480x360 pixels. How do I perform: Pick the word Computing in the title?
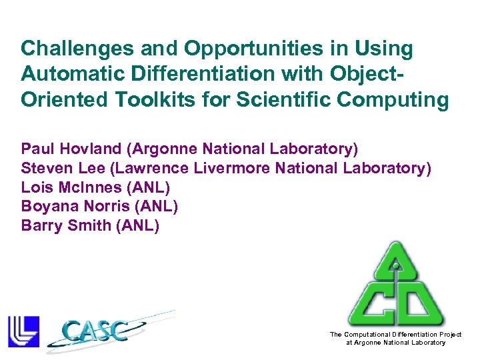397,100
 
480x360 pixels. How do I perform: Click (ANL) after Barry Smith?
138,225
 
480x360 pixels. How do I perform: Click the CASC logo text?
97,330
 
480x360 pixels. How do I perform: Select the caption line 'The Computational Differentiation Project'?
395,334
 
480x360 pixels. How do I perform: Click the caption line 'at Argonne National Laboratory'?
395,343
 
